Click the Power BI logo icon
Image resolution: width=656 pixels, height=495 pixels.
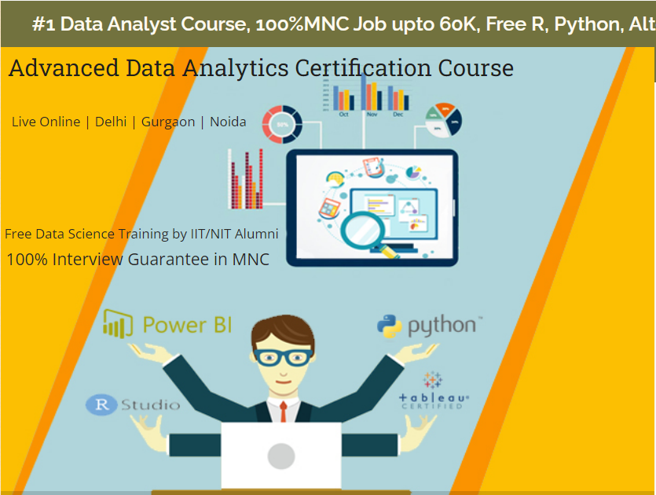[117, 322]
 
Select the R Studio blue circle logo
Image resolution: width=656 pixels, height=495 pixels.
[101, 405]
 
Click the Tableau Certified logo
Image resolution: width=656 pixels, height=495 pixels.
[433, 391]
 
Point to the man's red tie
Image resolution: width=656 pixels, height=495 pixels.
[283, 412]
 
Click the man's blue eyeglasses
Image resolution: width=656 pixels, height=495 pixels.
[281, 357]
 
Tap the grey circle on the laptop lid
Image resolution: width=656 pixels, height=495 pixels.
[280, 456]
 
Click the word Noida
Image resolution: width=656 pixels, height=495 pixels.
[228, 122]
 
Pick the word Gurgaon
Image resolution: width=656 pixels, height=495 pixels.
[168, 122]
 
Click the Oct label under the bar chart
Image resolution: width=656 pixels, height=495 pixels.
[343, 115]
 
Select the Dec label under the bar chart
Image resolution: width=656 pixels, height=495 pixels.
[398, 115]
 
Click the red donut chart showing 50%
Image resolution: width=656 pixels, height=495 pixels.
[281, 124]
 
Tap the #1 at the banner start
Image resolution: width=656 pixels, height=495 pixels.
[43, 24]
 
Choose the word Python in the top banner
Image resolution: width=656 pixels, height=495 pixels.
[587, 24]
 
